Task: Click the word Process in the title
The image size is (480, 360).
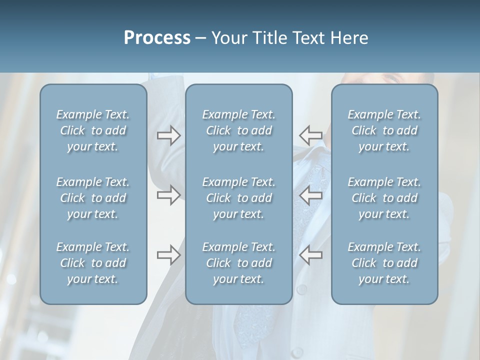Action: [157, 38]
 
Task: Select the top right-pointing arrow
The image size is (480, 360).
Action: [168, 135]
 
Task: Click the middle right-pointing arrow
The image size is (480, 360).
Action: [168, 195]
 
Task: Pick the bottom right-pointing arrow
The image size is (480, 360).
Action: [168, 255]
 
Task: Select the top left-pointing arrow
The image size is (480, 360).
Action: [311, 135]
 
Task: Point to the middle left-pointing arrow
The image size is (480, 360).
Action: [311, 195]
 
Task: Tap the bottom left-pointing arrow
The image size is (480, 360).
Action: [311, 255]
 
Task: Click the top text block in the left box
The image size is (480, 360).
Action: [93, 130]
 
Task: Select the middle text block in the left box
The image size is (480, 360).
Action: [93, 198]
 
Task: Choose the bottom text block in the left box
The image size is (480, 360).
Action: [93, 263]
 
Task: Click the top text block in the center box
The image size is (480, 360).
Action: [239, 130]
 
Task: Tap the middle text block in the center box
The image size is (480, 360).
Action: [239, 198]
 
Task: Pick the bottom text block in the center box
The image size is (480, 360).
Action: [239, 263]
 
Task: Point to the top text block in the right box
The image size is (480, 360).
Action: [384, 130]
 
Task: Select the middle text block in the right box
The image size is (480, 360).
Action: [384, 198]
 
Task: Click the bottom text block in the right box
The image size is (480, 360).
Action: [384, 263]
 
